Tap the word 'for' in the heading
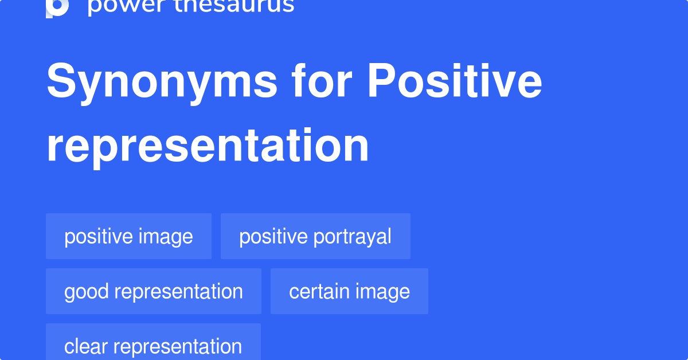(x=322, y=83)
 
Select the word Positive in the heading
(x=455, y=83)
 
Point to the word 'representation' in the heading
(x=208, y=146)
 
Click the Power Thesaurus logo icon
(x=57, y=7)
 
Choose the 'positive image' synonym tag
(x=128, y=236)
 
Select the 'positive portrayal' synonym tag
(x=315, y=236)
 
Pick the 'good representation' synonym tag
(x=153, y=291)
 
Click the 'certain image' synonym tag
(x=349, y=291)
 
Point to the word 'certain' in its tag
(x=318, y=291)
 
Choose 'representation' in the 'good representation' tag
(x=179, y=291)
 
